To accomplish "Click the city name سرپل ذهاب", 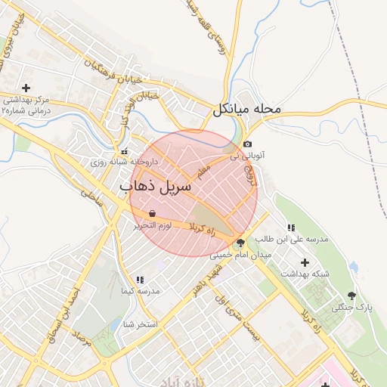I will tap(156, 185).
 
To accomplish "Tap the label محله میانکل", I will tap(246, 109).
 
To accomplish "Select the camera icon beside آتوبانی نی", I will tap(248, 144).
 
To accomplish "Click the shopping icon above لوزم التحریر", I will tap(153, 214).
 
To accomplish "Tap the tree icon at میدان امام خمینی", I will tap(240, 243).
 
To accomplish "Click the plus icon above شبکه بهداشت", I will tap(305, 262).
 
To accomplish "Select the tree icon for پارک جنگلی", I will tap(351, 296).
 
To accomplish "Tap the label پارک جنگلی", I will tap(354, 308).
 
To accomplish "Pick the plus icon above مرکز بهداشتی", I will tap(26, 88).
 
